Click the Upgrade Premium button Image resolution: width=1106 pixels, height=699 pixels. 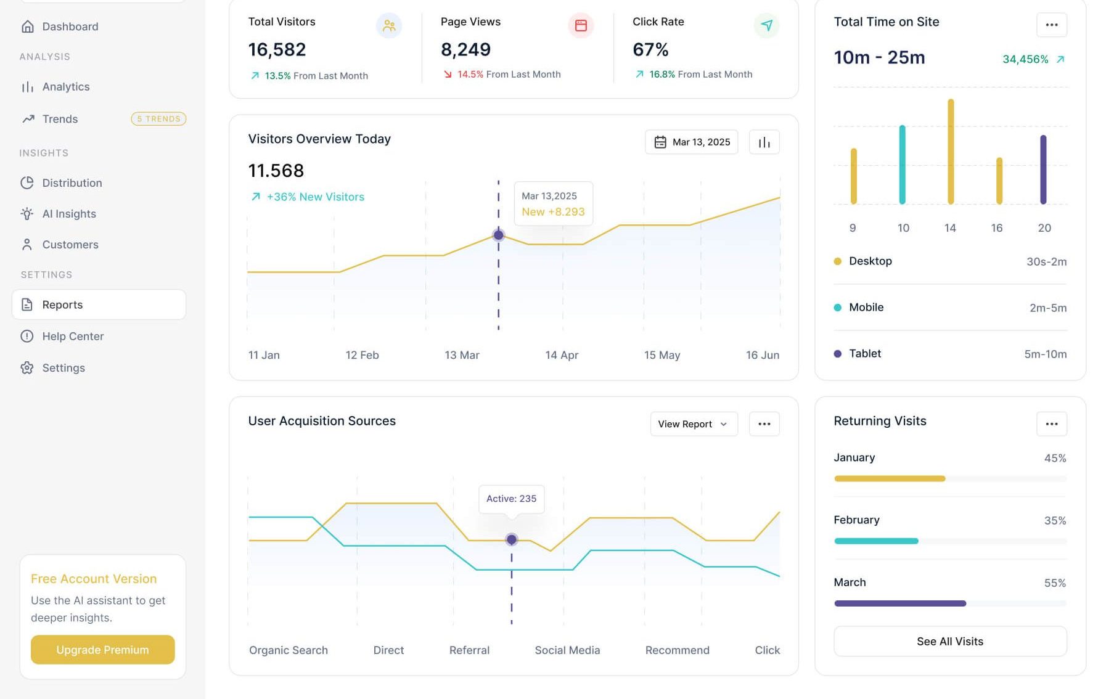pos(102,650)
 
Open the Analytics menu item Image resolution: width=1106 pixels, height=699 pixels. pos(65,87)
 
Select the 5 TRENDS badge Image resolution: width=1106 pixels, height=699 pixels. pos(158,119)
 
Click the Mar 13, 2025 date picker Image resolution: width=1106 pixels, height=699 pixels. pos(691,142)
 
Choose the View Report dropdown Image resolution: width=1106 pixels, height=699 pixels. pos(693,424)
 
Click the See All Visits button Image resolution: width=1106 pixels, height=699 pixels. pos(949,642)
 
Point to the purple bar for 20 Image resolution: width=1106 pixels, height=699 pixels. pos(1043,170)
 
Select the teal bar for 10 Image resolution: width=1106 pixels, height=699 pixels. pos(902,165)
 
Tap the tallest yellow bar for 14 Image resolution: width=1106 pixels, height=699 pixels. pos(951,152)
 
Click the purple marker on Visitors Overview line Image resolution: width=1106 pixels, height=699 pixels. pos(498,235)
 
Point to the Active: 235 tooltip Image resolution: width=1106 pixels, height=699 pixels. pos(511,499)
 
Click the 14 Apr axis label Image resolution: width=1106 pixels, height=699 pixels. pos(562,355)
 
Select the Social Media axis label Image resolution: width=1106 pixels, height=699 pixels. pos(567,650)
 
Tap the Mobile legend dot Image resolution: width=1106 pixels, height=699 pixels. pos(837,308)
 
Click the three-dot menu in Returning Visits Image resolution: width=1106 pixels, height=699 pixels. pos(1051,424)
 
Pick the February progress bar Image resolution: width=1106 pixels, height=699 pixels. pos(876,541)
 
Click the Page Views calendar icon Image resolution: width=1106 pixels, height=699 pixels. pos(580,25)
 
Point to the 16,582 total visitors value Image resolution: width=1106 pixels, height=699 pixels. pos(277,49)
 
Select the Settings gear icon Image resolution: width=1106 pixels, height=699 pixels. pos(27,368)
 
